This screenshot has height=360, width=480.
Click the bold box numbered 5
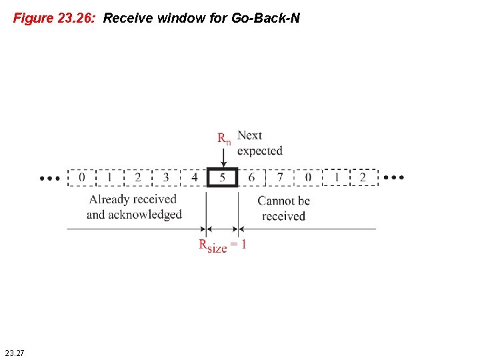coord(223,178)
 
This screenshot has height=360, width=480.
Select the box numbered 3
coord(166,178)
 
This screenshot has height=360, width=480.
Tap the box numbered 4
coord(194,178)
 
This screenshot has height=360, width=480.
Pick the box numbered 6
coord(251,178)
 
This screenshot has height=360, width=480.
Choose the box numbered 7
coord(280,178)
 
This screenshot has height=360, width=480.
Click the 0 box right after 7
coord(308,178)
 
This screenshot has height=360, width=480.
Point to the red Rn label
coord(225,139)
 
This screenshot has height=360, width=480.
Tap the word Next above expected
coord(250,135)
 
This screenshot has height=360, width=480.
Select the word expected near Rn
coord(260,151)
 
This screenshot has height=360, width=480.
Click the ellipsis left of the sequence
coord(50,179)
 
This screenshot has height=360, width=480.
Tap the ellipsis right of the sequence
coord(394,178)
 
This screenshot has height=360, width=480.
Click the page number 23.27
coord(14,351)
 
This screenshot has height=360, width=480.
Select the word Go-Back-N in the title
coord(265,18)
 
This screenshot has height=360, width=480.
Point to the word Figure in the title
coord(33,18)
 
